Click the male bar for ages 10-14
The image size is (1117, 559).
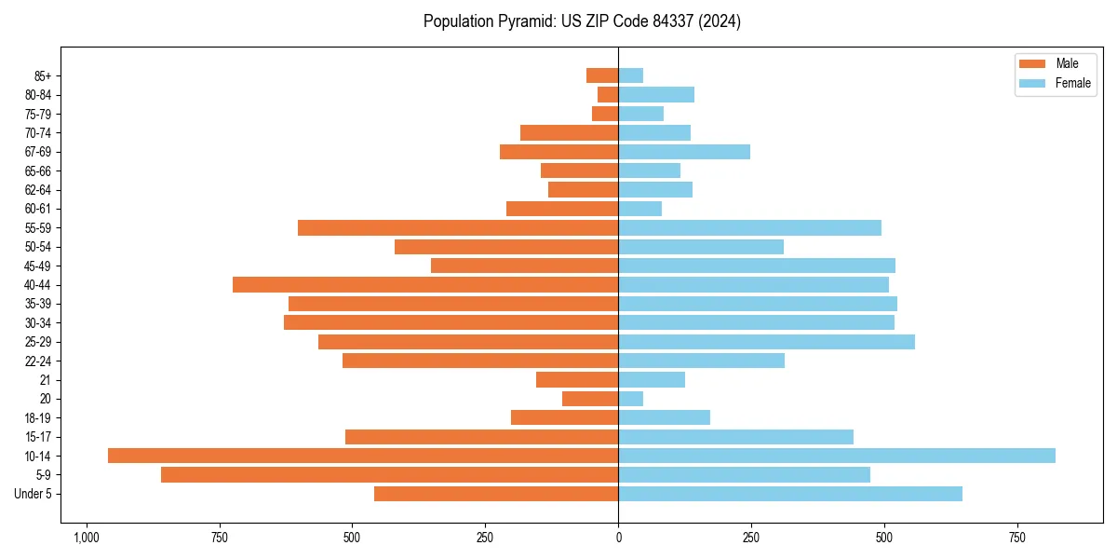click(363, 456)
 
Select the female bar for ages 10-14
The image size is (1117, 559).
click(837, 456)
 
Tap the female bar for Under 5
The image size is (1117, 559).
click(790, 494)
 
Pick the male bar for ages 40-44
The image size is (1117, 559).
click(425, 285)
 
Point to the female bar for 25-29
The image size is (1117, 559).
click(766, 342)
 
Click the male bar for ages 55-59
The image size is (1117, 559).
click(458, 228)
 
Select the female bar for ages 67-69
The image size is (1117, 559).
click(684, 152)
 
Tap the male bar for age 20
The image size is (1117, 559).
click(590, 399)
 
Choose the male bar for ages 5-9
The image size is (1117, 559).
click(389, 475)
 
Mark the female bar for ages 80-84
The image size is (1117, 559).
click(656, 95)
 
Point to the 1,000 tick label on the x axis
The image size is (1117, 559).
click(87, 538)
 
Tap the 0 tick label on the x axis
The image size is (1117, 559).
click(618, 538)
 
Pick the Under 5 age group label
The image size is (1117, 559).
click(33, 494)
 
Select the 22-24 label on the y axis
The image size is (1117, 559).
click(37, 361)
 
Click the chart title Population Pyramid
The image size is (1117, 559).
click(582, 21)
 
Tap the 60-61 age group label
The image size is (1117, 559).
click(37, 209)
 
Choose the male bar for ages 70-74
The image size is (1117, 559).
click(569, 133)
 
